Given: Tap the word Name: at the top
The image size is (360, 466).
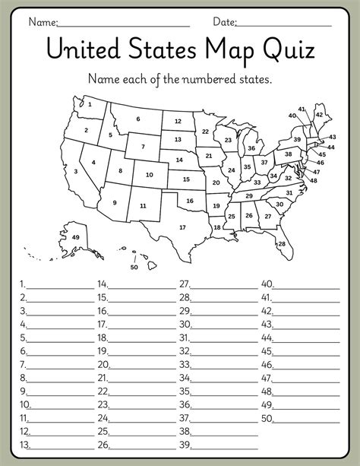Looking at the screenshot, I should [43, 21].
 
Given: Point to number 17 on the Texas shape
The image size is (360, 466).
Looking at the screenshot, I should [182, 227].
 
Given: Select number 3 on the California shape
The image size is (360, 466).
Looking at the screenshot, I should [76, 171].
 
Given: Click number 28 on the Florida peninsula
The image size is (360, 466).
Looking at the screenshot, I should [282, 243].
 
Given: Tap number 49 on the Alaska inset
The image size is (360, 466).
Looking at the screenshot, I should [76, 238].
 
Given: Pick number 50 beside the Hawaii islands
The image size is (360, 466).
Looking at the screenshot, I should [134, 267].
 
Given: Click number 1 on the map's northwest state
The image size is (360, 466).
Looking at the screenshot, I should [90, 104].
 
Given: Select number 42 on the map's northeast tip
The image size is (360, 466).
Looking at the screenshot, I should [319, 114].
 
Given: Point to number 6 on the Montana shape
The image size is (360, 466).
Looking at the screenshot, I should [137, 119].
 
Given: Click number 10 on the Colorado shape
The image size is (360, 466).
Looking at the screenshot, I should [149, 175].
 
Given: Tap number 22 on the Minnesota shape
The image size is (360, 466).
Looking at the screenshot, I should [205, 131].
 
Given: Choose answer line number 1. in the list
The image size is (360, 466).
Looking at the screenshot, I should [58, 286].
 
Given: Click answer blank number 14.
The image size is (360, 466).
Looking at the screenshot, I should [141, 286].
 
